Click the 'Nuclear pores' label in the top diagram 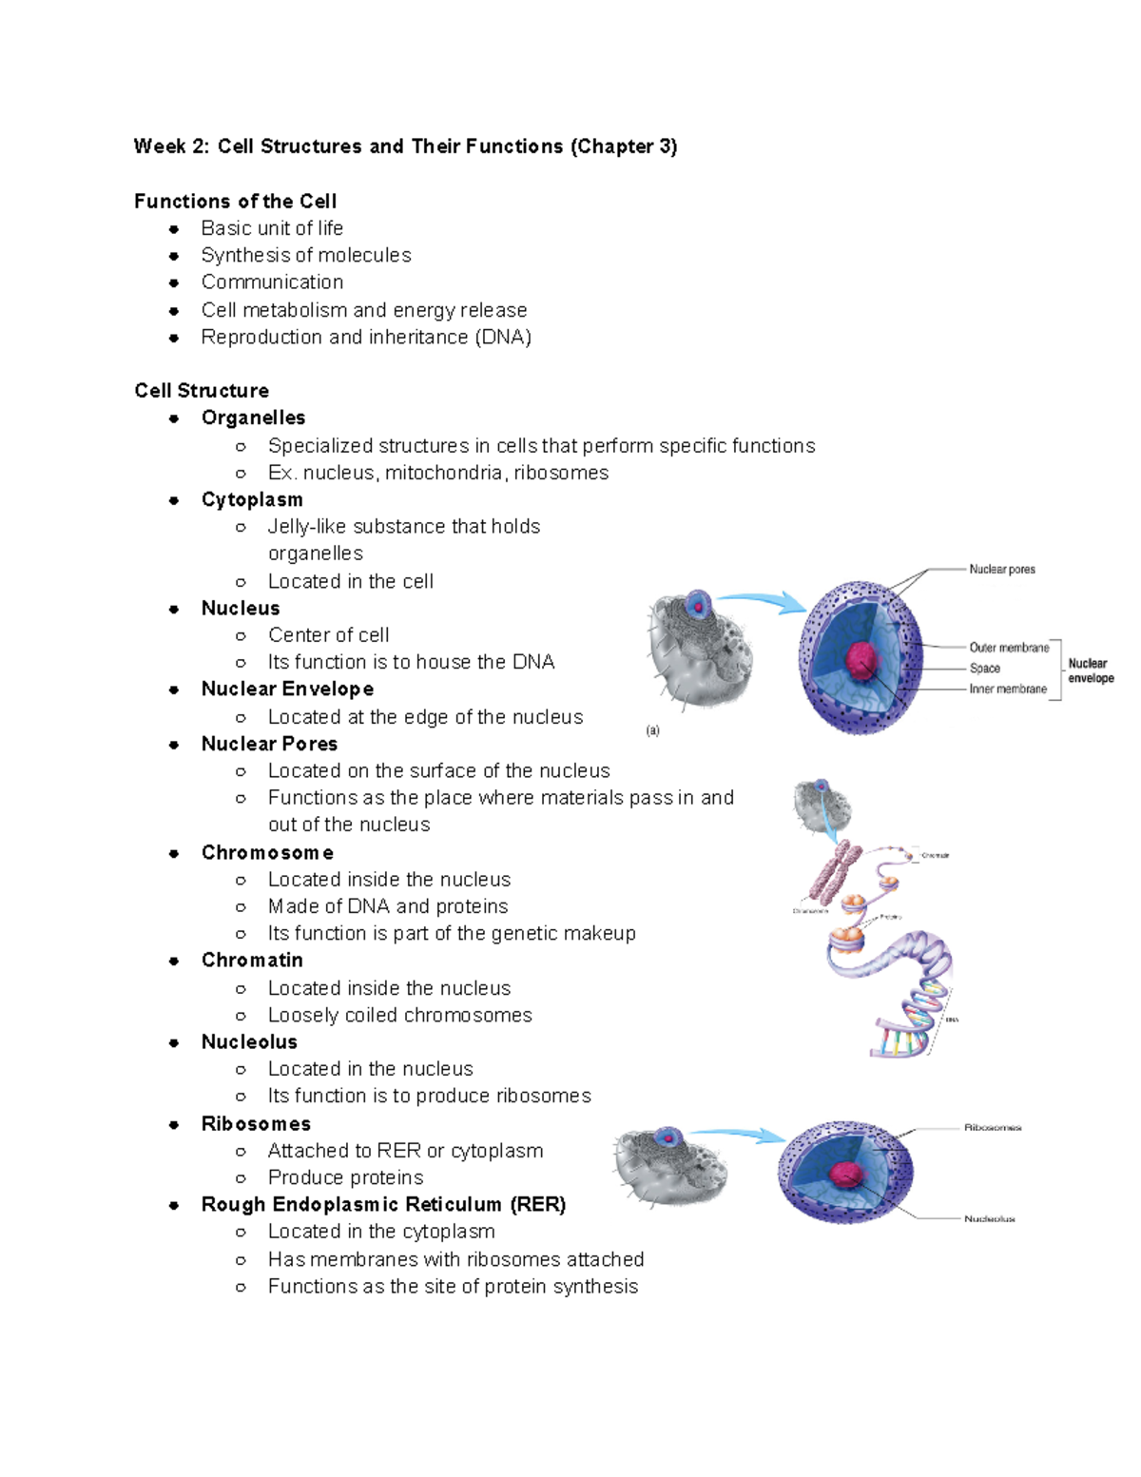(1001, 569)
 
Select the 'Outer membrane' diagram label (1009, 648)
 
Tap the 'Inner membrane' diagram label (1008, 689)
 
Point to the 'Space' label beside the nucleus (984, 668)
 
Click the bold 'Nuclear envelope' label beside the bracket (1090, 670)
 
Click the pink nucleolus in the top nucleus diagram (862, 660)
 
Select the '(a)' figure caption (652, 730)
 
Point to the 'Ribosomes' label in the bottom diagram (992, 1127)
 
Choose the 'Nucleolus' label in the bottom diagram (989, 1218)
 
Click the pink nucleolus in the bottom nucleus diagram (844, 1175)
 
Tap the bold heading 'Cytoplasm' (252, 499)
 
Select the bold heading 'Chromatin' (252, 960)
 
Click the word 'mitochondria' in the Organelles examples (443, 473)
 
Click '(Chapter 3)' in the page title (623, 146)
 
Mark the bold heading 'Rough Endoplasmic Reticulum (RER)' (383, 1204)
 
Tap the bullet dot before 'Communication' (174, 282)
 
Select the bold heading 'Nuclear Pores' (269, 744)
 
